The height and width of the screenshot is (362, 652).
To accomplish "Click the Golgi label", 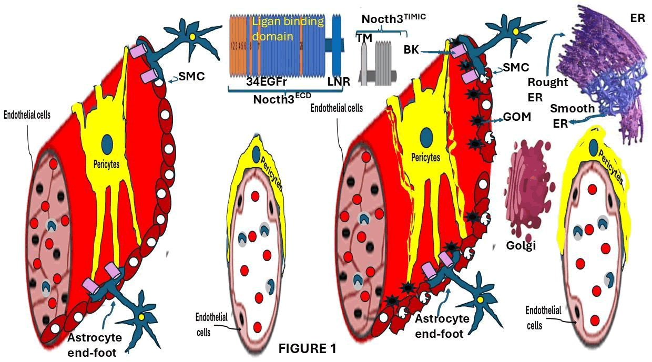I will (x=521, y=245).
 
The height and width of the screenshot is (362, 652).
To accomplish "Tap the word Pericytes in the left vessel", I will (x=105, y=164).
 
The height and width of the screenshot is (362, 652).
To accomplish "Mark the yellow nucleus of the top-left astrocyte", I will (x=192, y=37).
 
